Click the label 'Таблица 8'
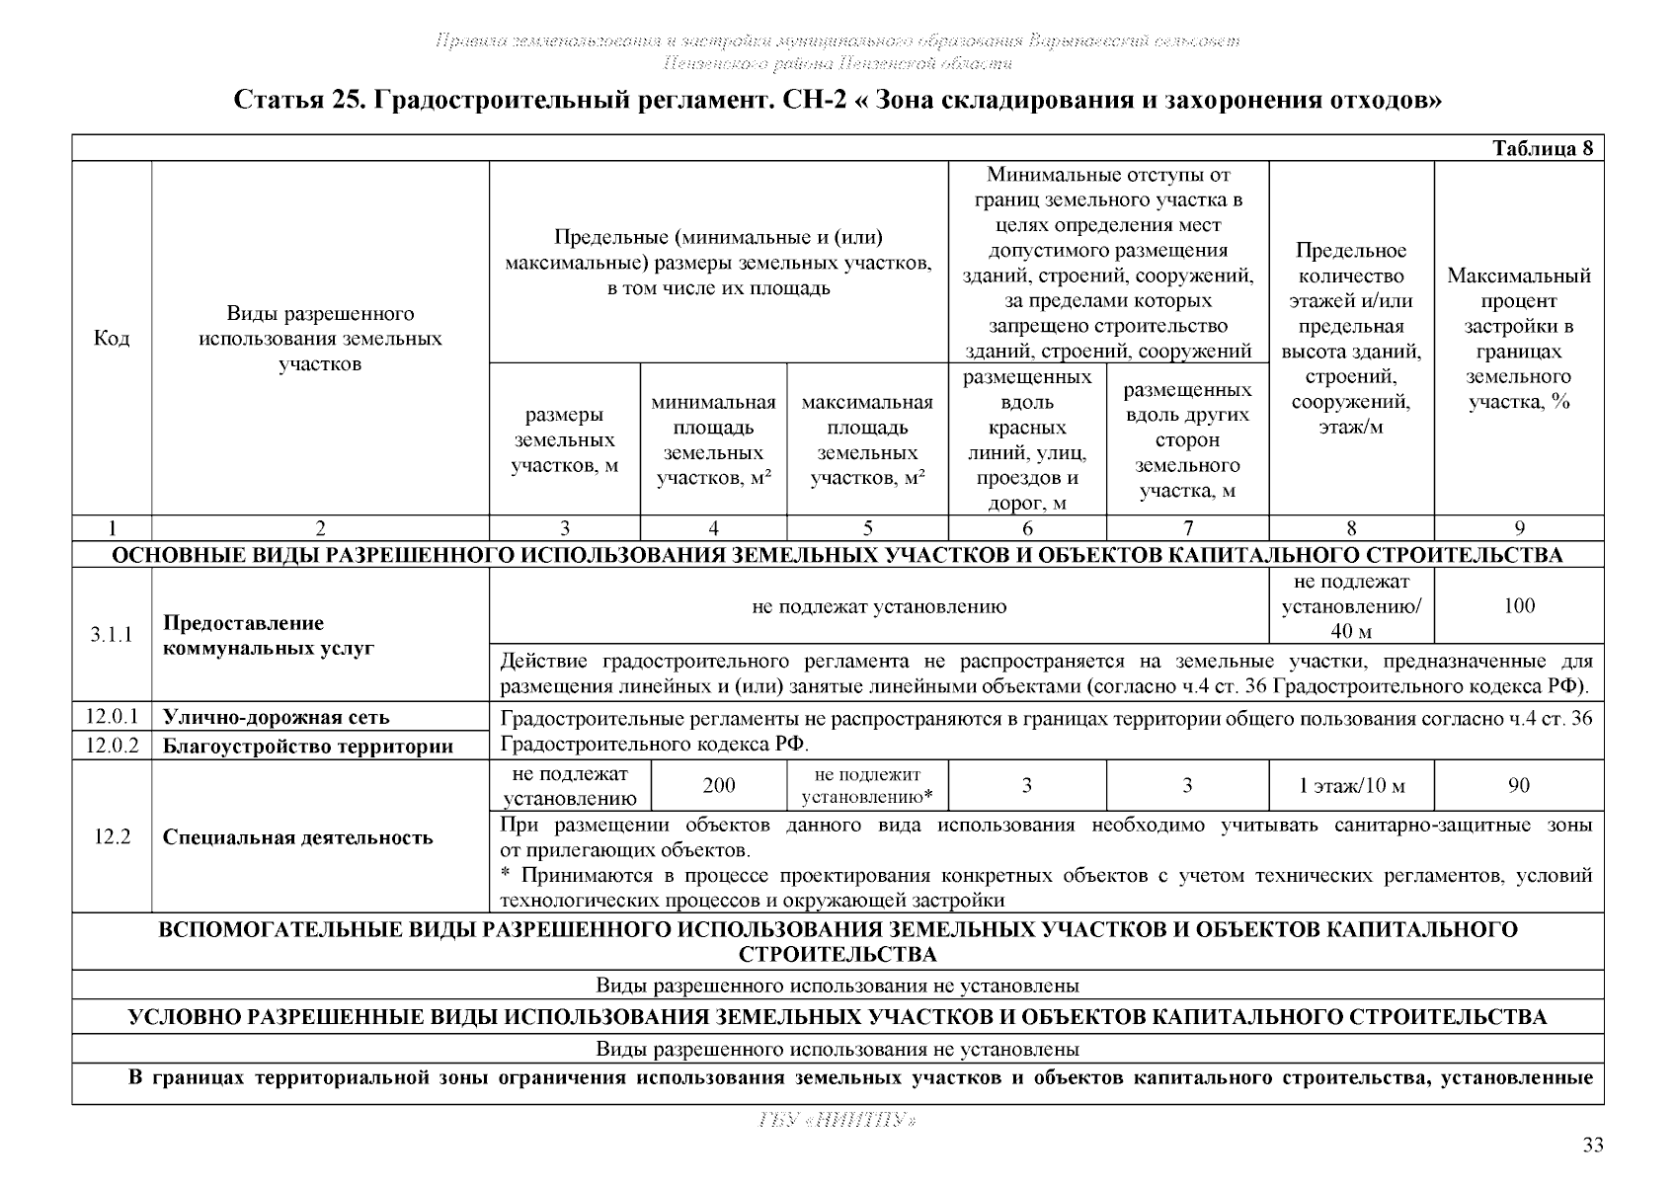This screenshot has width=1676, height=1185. click(1543, 149)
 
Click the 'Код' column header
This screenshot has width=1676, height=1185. click(112, 339)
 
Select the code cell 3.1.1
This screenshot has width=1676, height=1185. click(112, 635)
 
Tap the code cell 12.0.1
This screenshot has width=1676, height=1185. click(112, 716)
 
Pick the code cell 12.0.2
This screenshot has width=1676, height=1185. click(112, 746)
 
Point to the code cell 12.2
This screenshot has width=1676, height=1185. click(112, 837)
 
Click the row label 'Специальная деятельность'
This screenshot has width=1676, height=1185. click(297, 838)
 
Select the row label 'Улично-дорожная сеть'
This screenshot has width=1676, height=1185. click(276, 717)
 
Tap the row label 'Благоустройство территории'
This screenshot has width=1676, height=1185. click(307, 747)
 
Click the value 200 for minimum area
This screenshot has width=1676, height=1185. click(719, 786)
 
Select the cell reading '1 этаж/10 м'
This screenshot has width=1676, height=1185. click(1351, 786)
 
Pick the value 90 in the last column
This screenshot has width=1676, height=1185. click(1519, 786)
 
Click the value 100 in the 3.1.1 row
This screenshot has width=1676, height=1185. click(1519, 606)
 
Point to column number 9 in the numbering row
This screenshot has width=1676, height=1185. click(1519, 528)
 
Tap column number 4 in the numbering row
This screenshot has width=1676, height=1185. click(714, 528)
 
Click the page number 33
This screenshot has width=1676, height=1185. click(1593, 1145)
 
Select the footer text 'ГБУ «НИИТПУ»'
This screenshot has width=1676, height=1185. click(838, 1121)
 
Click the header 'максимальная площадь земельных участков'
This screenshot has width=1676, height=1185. click(867, 440)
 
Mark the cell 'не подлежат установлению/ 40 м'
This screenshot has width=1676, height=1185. click(1351, 606)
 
